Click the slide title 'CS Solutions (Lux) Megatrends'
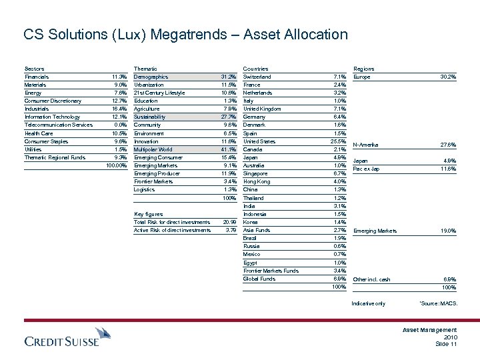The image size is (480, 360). tap(185, 34)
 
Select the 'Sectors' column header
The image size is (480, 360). tap(34, 69)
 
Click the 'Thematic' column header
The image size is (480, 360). tap(146, 69)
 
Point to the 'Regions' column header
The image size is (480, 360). tap(363, 69)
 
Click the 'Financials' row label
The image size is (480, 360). tap(37, 77)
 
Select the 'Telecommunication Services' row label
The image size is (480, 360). tap(58, 125)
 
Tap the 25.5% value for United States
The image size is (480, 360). tap(337, 141)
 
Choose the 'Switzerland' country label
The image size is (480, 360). tap(257, 77)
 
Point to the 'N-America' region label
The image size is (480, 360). tap(366, 144)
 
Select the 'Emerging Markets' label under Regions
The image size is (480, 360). tap(374, 231)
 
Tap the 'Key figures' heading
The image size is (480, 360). tap(148, 213)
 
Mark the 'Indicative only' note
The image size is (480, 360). tap(367, 304)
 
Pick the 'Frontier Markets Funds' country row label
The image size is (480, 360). tap(271, 270)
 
